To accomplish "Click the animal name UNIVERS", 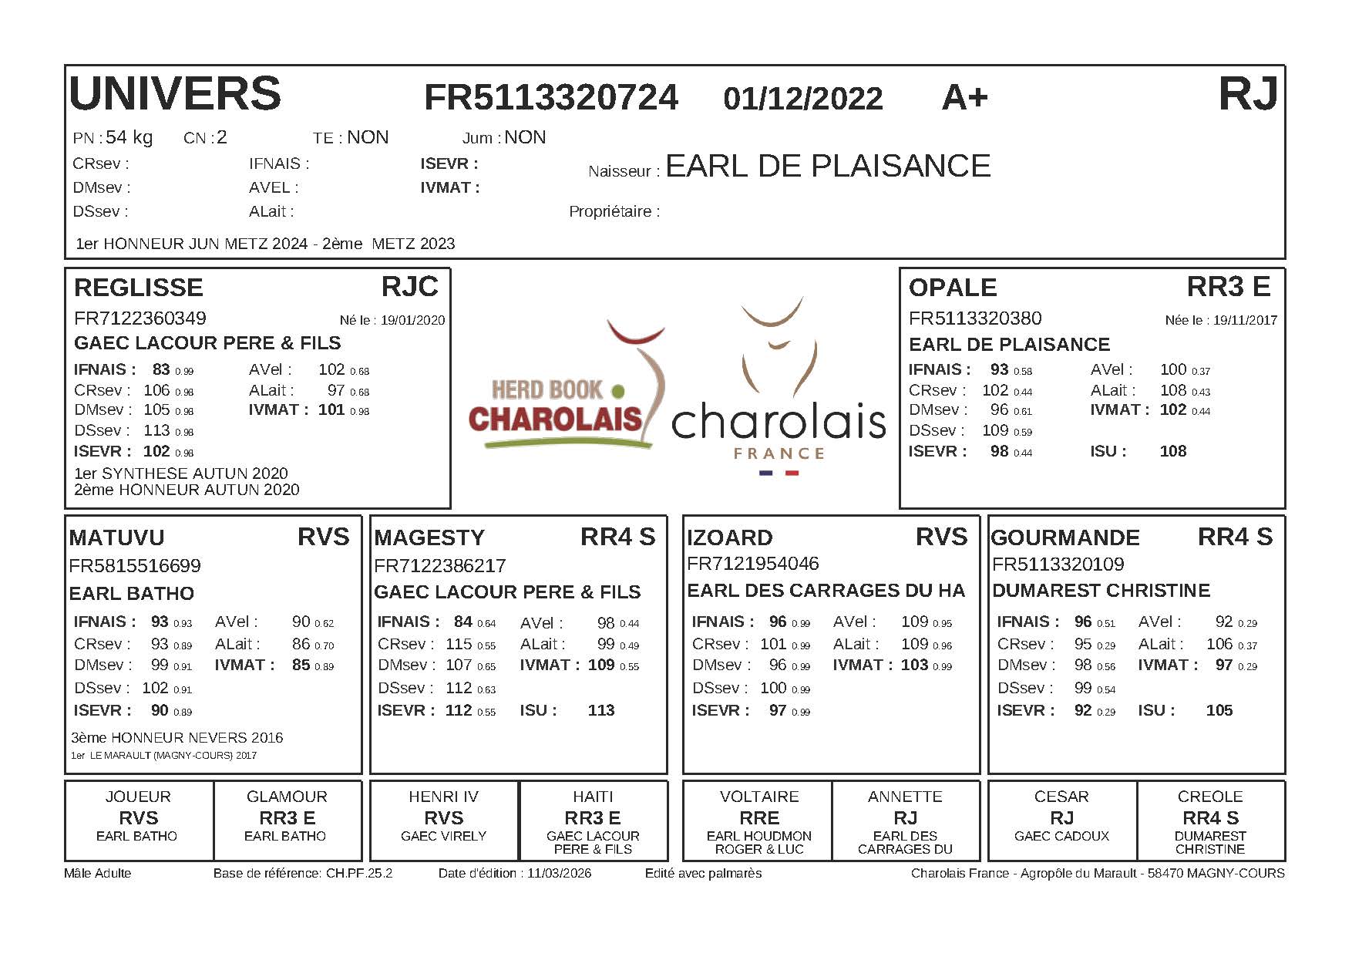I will [175, 94].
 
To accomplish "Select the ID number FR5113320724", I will [551, 98].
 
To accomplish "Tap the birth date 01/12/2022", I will [802, 99].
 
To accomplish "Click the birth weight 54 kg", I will [129, 137].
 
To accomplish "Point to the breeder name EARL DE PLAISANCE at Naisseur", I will [828, 167].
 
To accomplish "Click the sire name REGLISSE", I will [139, 288].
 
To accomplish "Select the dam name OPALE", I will [953, 288].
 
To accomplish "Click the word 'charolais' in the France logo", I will [779, 421].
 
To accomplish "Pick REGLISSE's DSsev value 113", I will [156, 430].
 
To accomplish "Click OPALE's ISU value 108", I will [1172, 451].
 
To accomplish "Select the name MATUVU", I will [116, 537].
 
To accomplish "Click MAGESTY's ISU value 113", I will [601, 710].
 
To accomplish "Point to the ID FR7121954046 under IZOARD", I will [752, 564].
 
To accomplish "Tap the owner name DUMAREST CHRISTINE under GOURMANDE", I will [1101, 591].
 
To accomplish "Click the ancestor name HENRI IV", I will [443, 797].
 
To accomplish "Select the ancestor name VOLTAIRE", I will [758, 797].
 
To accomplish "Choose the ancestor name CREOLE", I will [1209, 797].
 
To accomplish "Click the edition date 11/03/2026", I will [559, 873].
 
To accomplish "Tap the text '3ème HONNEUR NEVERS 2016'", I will [177, 738].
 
